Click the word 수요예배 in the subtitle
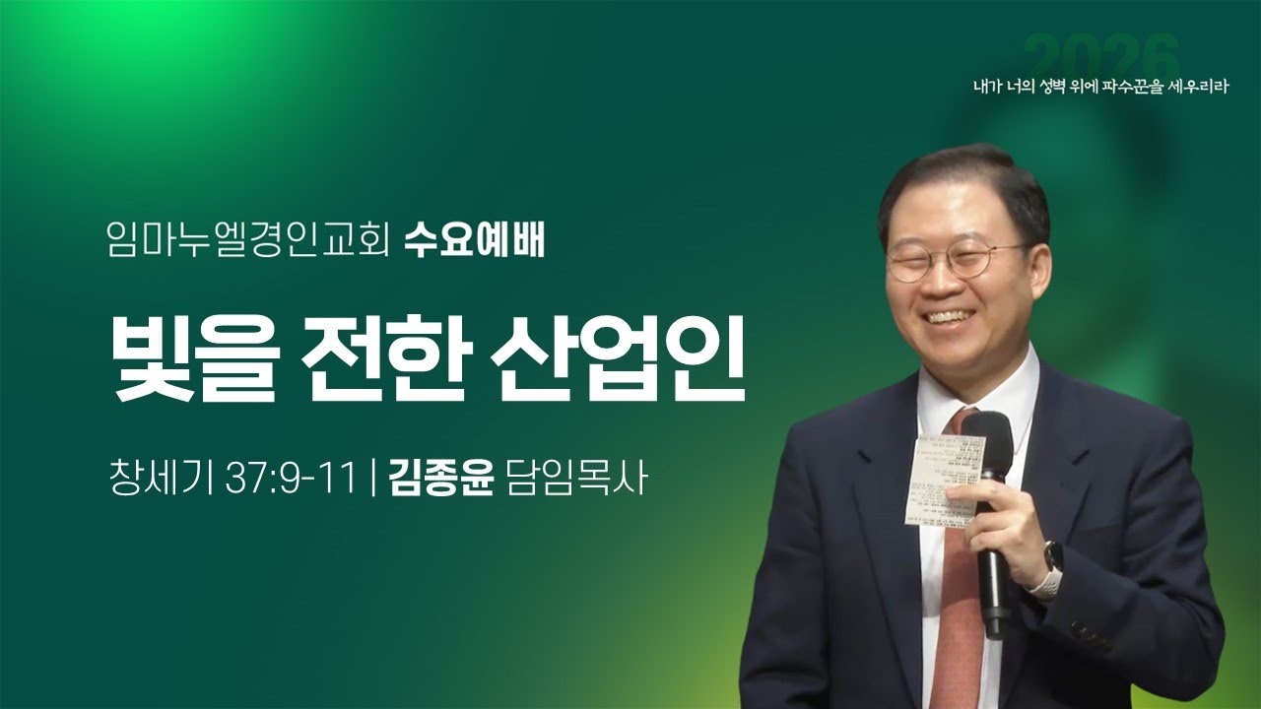coord(474,241)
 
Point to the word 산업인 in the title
coord(621,358)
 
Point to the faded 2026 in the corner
coord(1101,54)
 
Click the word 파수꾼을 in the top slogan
coord(1124,86)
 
